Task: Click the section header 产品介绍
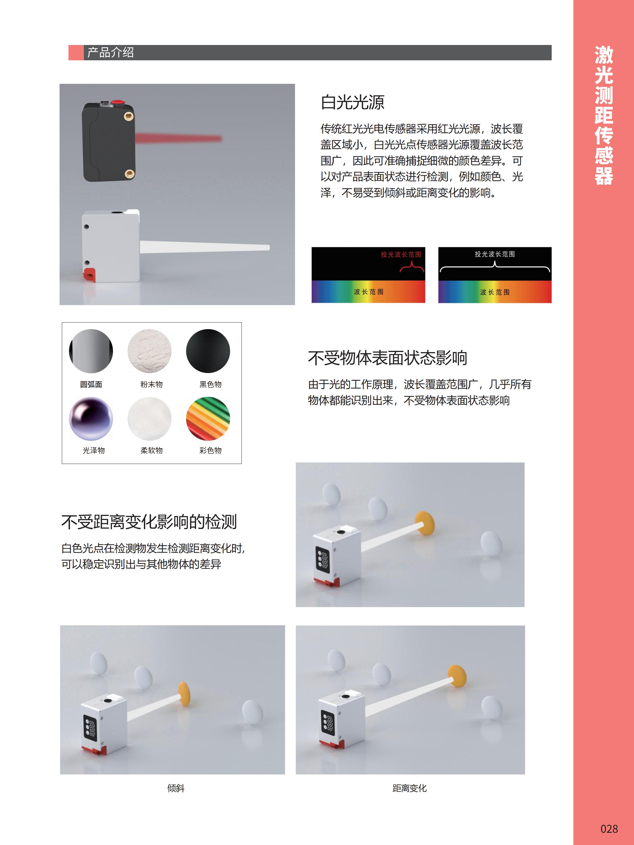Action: [110, 52]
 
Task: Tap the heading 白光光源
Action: [352, 102]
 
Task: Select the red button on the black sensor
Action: [117, 102]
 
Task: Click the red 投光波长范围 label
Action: [401, 254]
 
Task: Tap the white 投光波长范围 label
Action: [494, 254]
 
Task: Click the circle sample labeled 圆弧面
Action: [91, 351]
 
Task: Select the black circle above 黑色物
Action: [208, 351]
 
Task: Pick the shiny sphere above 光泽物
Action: [91, 419]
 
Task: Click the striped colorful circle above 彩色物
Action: [208, 419]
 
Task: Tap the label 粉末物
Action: [151, 384]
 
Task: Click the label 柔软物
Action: [151, 450]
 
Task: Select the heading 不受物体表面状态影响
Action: [388, 358]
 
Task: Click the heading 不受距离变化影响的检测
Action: [149, 522]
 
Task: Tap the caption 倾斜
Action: [176, 788]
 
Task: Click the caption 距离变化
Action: [409, 788]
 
